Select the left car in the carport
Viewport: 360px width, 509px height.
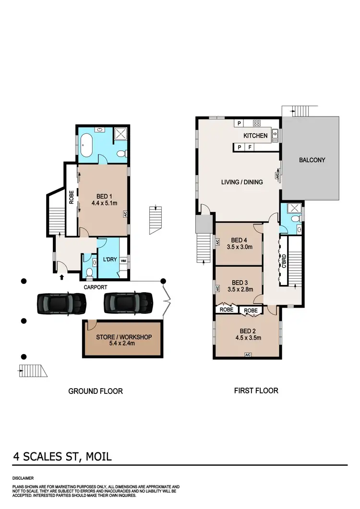point(61,303)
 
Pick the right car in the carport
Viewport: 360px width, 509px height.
point(128,303)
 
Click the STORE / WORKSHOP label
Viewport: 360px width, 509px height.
point(123,337)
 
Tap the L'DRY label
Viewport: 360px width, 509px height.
point(110,260)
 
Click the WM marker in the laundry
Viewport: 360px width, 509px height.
point(123,261)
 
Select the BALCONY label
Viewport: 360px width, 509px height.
point(312,160)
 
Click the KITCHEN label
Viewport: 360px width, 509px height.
point(255,136)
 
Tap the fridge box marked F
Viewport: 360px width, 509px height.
point(250,147)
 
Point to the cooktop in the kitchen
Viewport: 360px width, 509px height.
point(256,123)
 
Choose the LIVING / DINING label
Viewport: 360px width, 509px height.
point(242,182)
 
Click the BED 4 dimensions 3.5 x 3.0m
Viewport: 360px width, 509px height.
point(239,248)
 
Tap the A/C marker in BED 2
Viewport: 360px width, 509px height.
point(248,355)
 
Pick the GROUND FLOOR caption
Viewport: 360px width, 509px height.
point(96,391)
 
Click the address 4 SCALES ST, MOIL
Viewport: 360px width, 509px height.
point(62,457)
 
